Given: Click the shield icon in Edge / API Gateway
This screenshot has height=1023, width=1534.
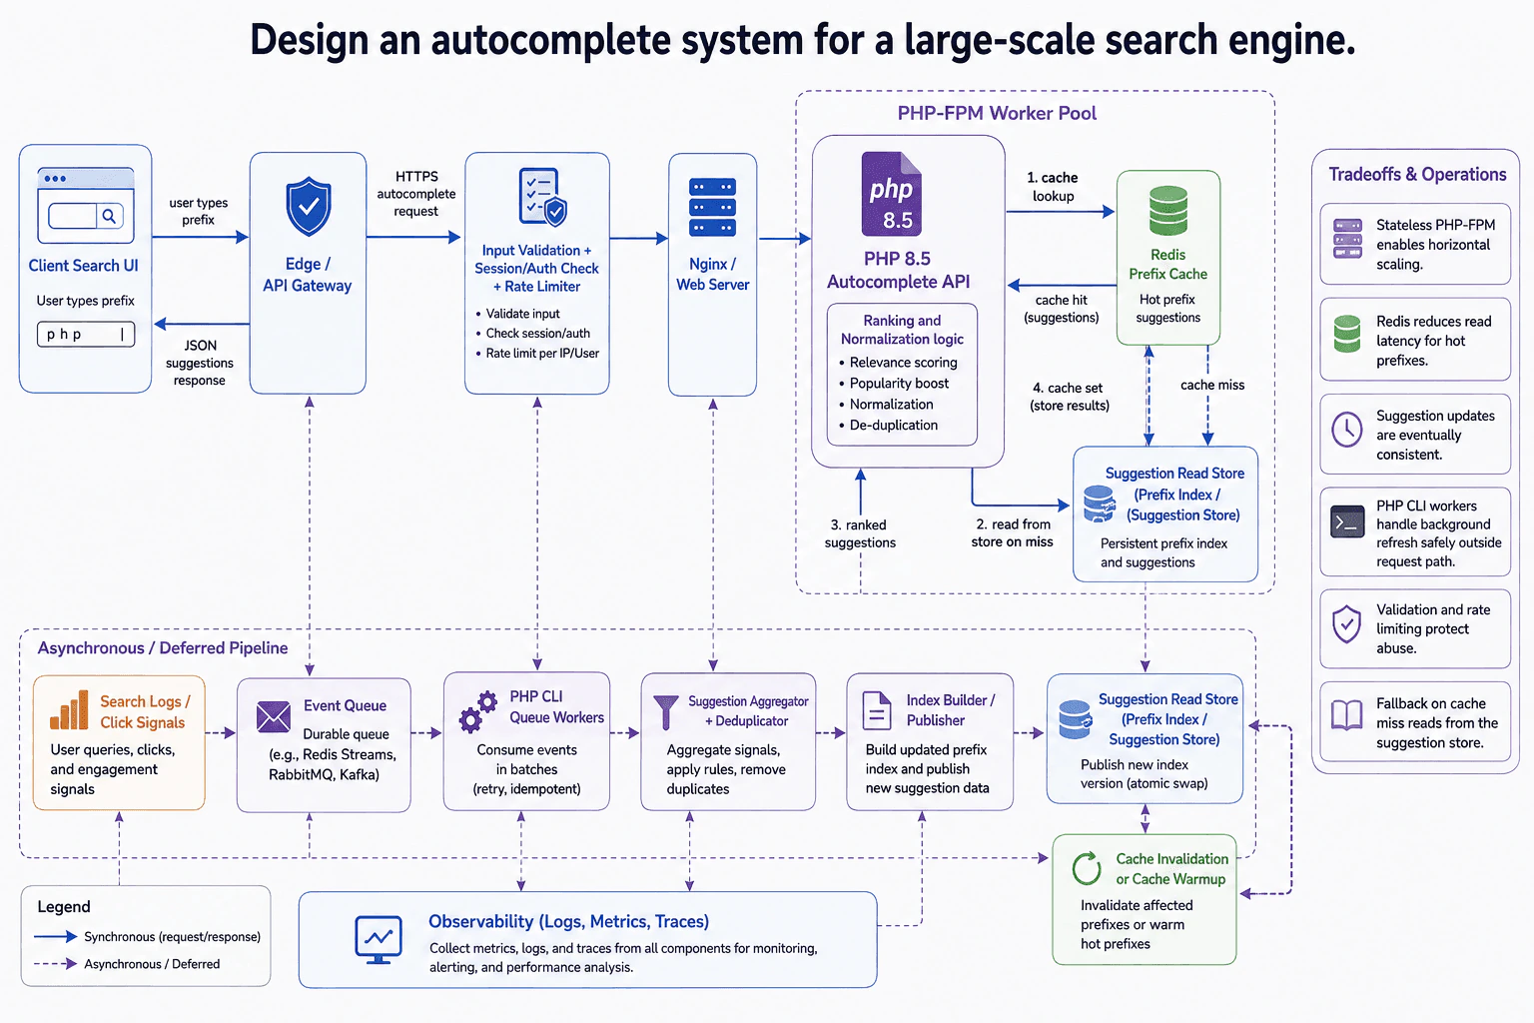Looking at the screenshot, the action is click(x=309, y=206).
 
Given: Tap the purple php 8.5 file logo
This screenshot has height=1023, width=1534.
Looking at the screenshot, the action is click(x=892, y=194).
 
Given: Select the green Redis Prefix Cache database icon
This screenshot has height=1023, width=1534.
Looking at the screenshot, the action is click(x=1168, y=211).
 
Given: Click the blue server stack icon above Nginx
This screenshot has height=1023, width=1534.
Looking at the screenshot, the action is click(x=712, y=207).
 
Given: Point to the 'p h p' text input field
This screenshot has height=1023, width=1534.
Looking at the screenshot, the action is click(x=86, y=335).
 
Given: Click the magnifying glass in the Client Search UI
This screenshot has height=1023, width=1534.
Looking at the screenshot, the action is click(x=109, y=216).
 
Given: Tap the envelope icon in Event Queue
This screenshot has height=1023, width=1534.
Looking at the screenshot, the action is click(x=274, y=716).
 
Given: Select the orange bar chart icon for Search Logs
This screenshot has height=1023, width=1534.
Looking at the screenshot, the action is click(x=69, y=710).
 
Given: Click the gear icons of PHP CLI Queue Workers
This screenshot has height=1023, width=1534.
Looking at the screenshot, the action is click(x=478, y=712).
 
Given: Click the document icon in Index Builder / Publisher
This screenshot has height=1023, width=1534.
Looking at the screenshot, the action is click(x=877, y=710).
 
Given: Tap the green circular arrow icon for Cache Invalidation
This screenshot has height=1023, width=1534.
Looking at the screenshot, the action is click(x=1087, y=868).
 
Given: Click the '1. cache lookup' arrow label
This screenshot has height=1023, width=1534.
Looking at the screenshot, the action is click(x=1054, y=187).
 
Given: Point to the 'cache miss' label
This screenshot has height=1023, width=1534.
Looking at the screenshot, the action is click(x=1212, y=385).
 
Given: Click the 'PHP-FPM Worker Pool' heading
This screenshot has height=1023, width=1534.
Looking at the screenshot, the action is click(x=997, y=113).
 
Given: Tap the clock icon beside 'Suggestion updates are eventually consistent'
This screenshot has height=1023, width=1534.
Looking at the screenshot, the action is click(x=1347, y=430).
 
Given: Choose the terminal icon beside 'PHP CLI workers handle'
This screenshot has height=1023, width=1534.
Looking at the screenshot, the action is click(x=1347, y=522).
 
